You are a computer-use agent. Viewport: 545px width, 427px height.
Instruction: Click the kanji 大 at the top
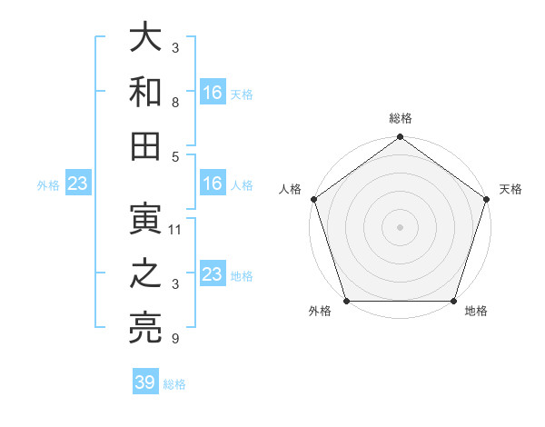(x=146, y=39)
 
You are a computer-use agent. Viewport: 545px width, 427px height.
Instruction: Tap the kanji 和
(x=146, y=93)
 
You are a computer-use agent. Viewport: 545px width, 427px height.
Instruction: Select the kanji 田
(x=146, y=146)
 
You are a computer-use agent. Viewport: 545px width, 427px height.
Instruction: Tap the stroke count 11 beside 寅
(x=175, y=230)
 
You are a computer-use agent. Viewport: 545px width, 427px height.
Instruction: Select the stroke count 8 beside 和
(x=174, y=103)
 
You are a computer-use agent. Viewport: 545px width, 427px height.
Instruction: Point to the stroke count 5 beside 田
(x=174, y=156)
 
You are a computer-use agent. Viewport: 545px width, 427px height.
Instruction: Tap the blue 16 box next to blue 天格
(x=213, y=92)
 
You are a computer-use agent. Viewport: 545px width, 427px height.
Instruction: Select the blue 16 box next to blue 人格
(x=213, y=184)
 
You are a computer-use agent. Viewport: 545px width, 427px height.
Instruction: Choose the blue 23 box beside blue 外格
(x=78, y=184)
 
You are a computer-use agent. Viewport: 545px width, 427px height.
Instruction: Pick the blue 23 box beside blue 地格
(x=213, y=274)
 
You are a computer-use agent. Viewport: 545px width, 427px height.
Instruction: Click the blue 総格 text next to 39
(x=174, y=384)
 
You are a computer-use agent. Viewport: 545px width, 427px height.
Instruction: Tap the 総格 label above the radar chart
(x=400, y=119)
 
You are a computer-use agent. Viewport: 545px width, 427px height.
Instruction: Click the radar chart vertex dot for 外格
(x=346, y=301)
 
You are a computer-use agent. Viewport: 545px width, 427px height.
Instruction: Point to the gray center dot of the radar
(x=400, y=227)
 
